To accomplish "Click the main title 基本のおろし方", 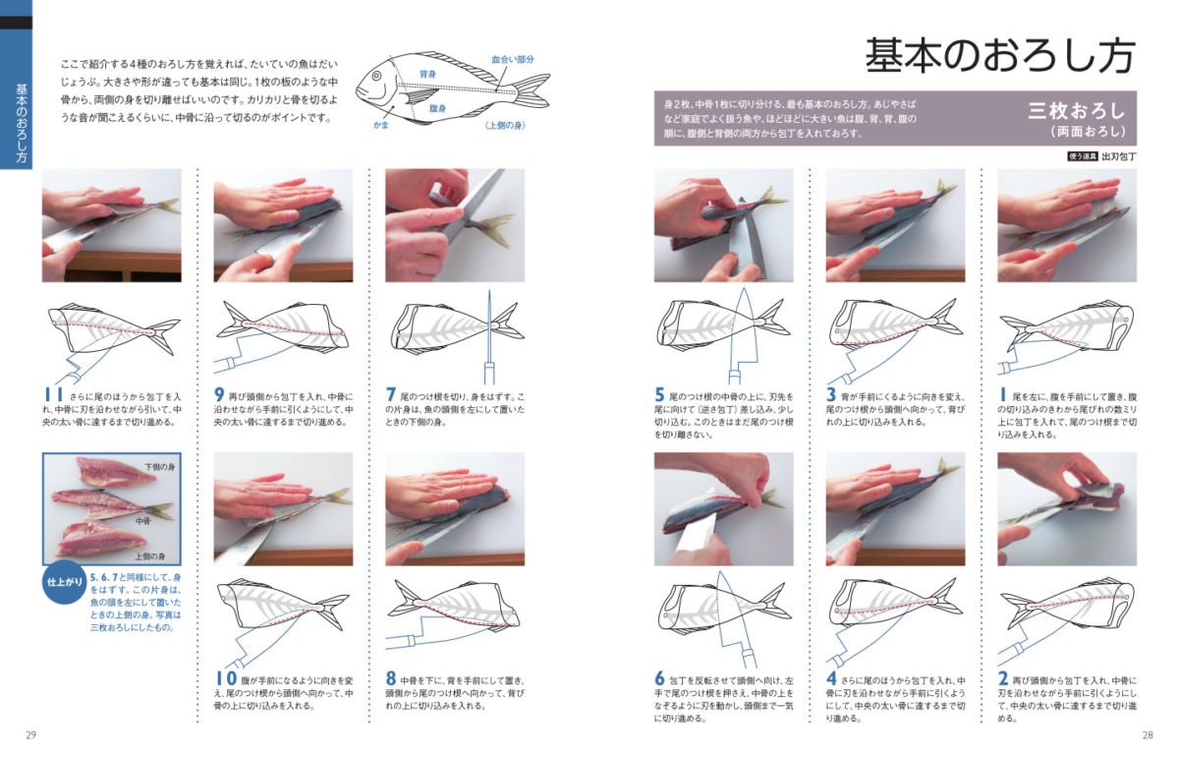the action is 1000,56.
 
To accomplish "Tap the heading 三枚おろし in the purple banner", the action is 1077,111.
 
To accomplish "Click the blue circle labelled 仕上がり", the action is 65,582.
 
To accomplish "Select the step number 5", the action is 659,394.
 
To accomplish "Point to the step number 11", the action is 53,394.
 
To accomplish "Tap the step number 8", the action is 391,677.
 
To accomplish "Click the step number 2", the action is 1003,677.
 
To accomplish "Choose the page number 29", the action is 30,735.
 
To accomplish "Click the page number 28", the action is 1148,735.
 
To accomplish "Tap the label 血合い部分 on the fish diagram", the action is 513,60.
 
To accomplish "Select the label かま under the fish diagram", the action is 380,125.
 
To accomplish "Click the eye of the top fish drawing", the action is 377,77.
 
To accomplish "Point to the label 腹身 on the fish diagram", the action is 437,108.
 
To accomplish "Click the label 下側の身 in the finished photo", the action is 160,467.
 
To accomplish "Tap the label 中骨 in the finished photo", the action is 142,521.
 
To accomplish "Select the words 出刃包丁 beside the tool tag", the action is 1119,156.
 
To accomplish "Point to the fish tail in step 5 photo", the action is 771,198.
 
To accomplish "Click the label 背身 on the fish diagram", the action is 427,75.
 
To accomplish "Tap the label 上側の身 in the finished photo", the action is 150,557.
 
